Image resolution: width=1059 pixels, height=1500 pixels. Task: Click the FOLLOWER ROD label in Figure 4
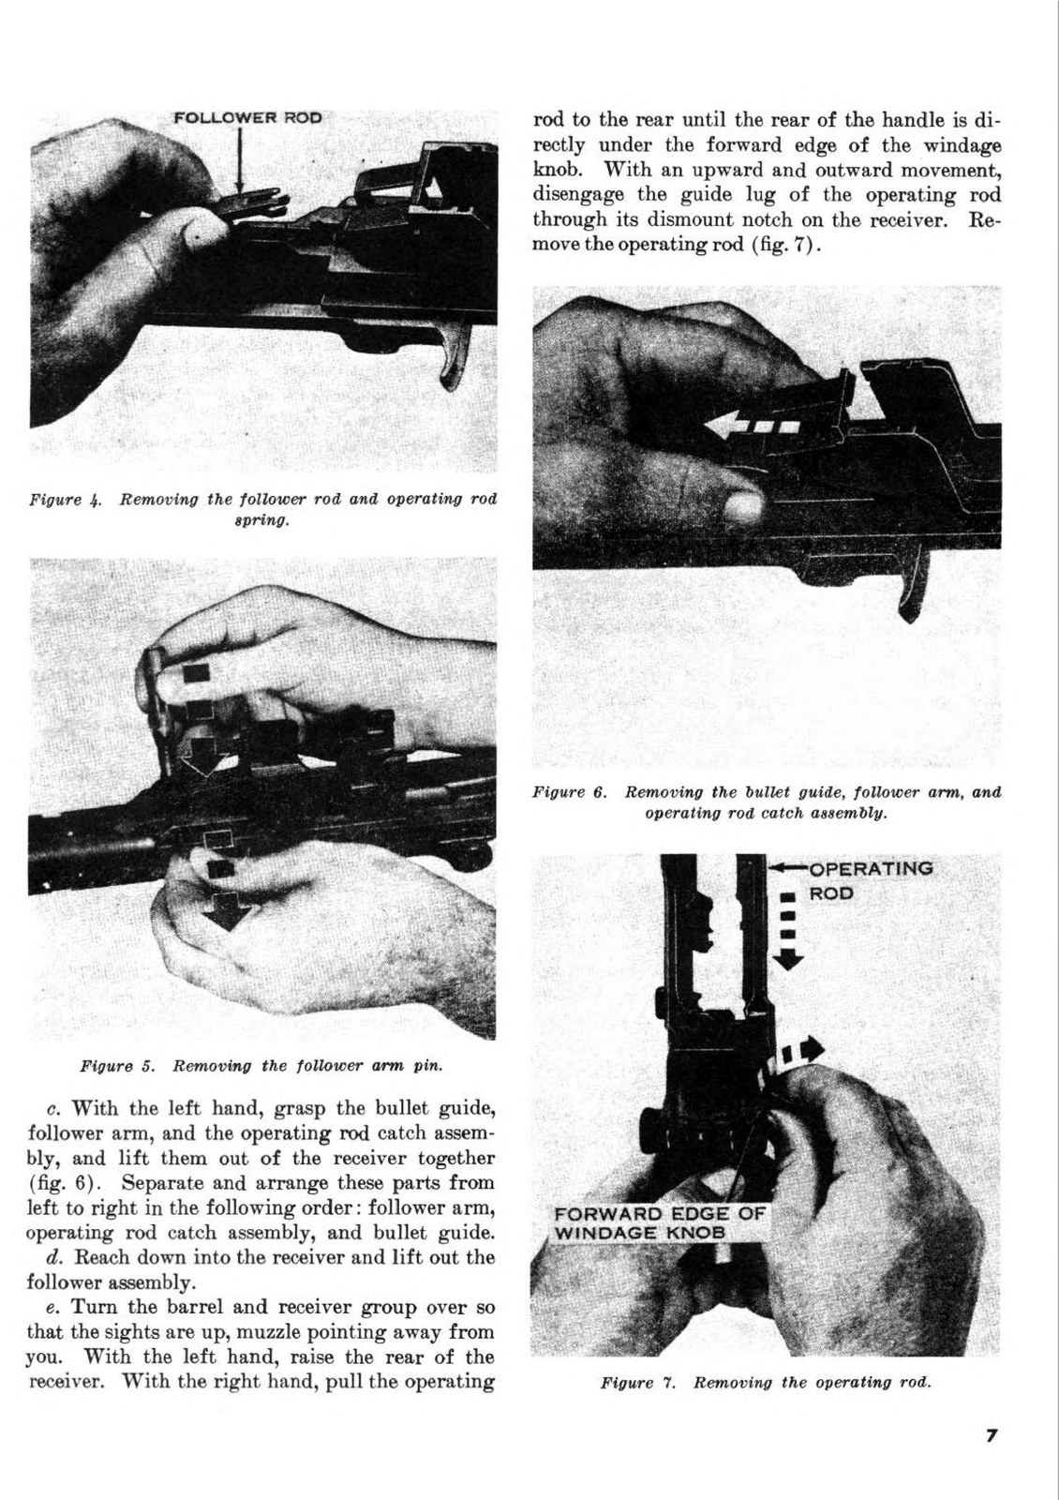click(x=247, y=118)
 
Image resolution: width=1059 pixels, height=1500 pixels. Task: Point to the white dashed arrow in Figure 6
click(x=749, y=427)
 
